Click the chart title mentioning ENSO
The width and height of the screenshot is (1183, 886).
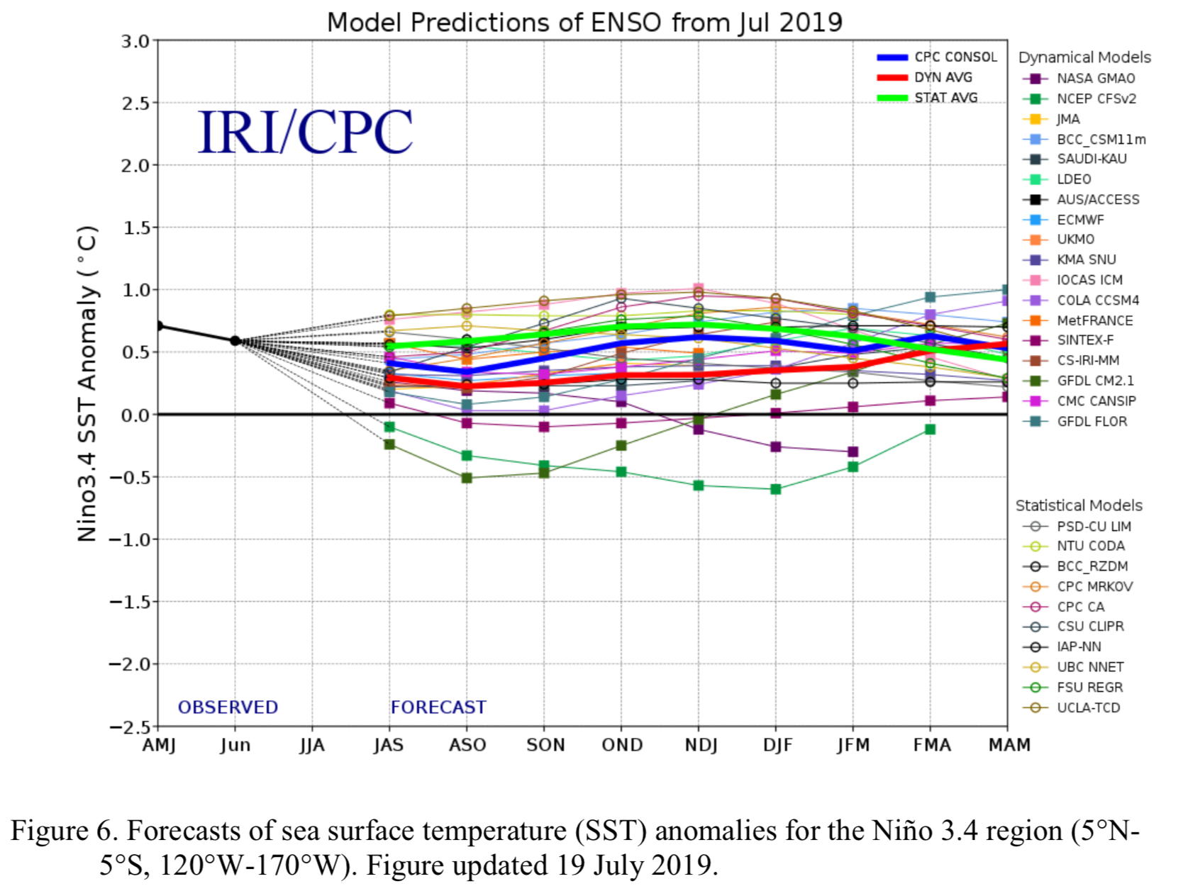click(x=584, y=23)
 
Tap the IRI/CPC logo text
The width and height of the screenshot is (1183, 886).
click(x=305, y=132)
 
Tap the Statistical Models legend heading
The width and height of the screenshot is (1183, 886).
click(x=1079, y=505)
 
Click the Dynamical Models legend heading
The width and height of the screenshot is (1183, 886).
click(x=1084, y=57)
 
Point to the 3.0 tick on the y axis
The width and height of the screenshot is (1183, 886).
click(x=135, y=41)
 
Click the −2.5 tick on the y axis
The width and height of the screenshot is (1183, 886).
click(x=129, y=727)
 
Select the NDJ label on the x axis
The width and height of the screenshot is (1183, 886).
click(x=700, y=746)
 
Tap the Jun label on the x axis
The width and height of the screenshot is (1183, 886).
click(x=235, y=746)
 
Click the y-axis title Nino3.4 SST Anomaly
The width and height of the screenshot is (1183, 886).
click(x=87, y=383)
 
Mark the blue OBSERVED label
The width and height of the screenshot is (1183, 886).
click(x=228, y=707)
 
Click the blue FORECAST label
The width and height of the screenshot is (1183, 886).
click(x=438, y=707)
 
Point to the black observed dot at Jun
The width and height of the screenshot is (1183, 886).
click(x=235, y=341)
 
